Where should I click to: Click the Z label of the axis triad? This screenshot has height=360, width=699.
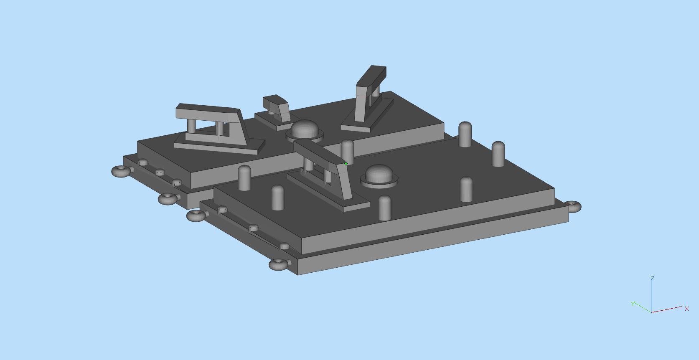[x=652, y=278]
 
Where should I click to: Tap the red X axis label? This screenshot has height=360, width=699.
[x=686, y=309]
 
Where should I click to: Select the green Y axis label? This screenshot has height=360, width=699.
[x=633, y=304]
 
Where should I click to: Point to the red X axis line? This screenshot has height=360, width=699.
[x=667, y=309]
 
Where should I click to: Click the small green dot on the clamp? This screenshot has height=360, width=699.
[x=346, y=164]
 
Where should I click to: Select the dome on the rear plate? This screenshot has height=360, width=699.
[x=305, y=130]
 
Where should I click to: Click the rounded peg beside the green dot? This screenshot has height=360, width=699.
[x=347, y=151]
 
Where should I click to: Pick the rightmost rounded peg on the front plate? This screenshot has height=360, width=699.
[x=498, y=153]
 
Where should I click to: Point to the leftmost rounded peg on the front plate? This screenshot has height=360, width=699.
[x=244, y=178]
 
